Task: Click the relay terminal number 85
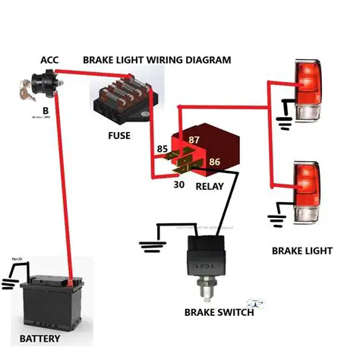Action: point(162,149)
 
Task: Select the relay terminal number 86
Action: point(214,162)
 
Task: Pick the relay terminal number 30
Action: point(179,183)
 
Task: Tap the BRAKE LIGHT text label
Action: point(302,250)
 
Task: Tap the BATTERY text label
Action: point(39,338)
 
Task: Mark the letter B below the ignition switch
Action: point(35,109)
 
